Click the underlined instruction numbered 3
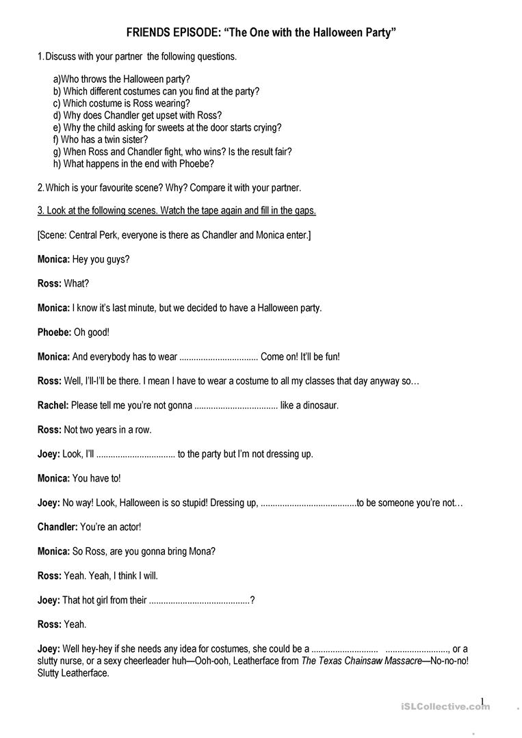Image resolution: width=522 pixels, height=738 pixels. (177, 211)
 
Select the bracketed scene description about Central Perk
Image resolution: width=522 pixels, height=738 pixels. (174, 235)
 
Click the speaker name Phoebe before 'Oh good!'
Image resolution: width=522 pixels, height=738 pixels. (54, 332)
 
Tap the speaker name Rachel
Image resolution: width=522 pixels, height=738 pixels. (53, 405)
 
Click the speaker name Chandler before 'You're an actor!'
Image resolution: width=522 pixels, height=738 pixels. (57, 527)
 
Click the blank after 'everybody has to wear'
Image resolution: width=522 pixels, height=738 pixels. (218, 357)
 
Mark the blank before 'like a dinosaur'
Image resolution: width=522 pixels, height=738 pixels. (236, 406)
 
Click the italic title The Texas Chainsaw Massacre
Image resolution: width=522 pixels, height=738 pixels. (361, 661)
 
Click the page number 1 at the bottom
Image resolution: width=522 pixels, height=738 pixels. (482, 701)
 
